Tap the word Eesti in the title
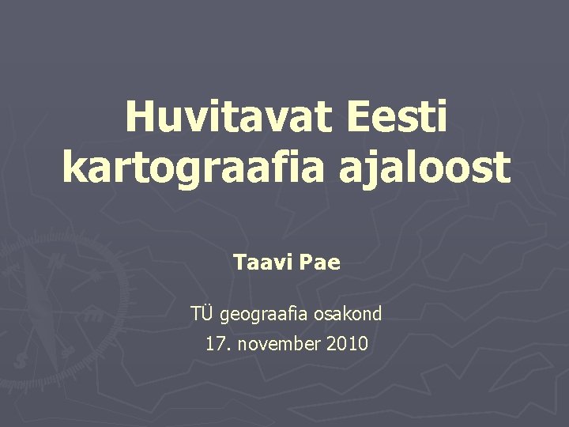(x=396, y=119)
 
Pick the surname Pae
(x=320, y=263)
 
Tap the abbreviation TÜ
(x=201, y=314)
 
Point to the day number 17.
(x=214, y=345)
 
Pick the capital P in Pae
(x=307, y=263)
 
